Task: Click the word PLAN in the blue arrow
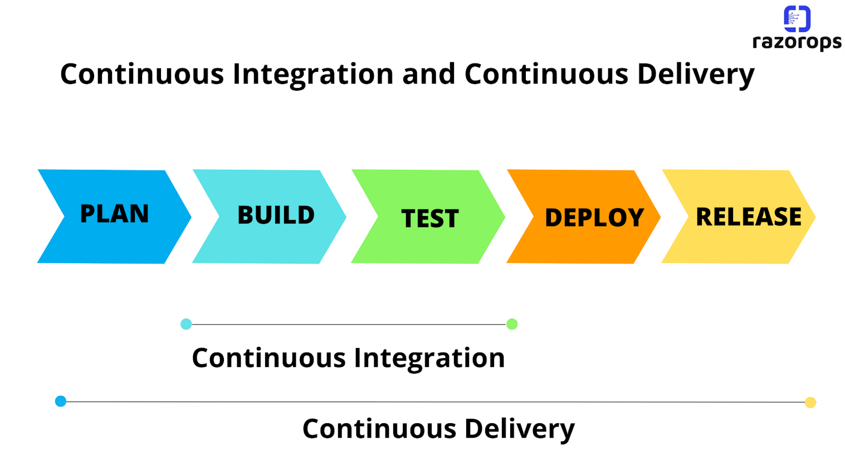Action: [x=114, y=214]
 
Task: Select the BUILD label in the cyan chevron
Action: [x=276, y=216]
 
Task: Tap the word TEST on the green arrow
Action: [x=429, y=218]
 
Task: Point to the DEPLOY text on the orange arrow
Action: [x=594, y=218]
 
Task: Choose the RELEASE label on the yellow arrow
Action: [x=748, y=217]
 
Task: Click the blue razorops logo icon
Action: [x=797, y=18]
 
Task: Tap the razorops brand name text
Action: [x=797, y=42]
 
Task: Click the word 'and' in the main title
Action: [x=428, y=74]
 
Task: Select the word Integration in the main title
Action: [x=312, y=74]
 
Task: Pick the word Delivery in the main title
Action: [x=696, y=75]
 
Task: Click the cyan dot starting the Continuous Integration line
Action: [x=186, y=324]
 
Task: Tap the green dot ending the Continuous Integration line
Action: [x=512, y=324]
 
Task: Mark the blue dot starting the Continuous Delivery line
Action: [x=61, y=401]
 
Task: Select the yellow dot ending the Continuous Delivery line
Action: [x=810, y=402]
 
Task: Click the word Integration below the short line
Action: [x=429, y=358]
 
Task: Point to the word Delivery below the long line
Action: [x=519, y=429]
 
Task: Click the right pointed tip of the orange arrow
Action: [x=659, y=217]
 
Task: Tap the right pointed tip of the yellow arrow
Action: [x=814, y=217]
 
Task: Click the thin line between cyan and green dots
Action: [x=349, y=324]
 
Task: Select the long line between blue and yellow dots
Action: [x=434, y=401]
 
